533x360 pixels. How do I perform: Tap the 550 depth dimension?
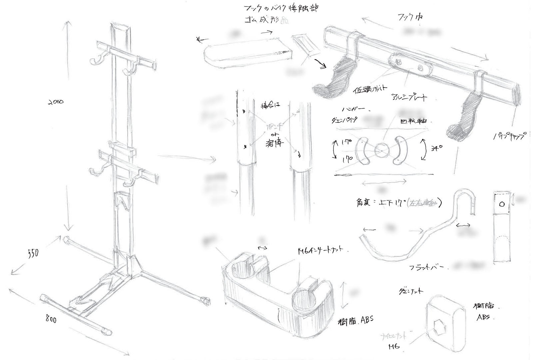(x=33, y=253)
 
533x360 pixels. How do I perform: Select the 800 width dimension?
(x=51, y=319)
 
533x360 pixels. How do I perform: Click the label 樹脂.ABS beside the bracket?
(x=355, y=321)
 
